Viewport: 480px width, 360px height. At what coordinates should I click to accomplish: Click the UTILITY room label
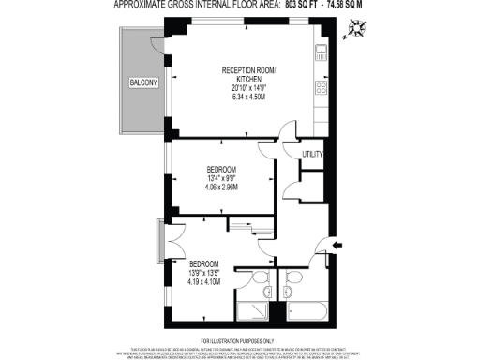pos(312,154)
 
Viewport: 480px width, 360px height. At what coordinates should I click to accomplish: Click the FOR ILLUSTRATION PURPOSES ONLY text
pos(239,339)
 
